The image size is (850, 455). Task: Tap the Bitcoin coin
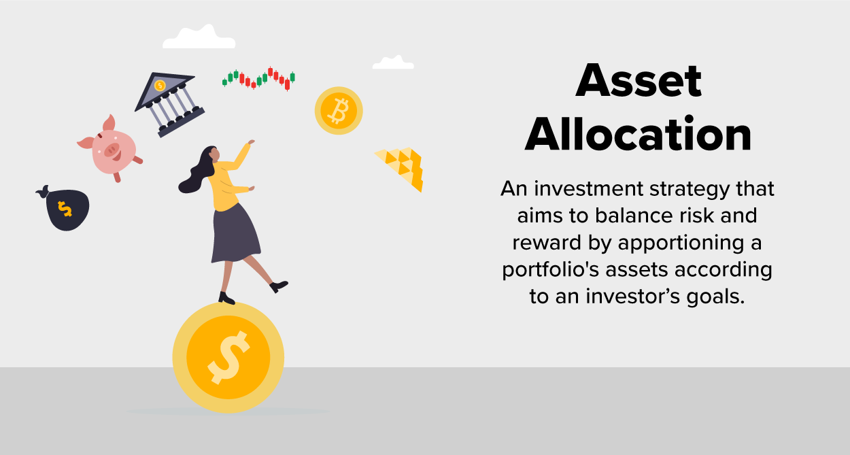pyautogui.click(x=338, y=110)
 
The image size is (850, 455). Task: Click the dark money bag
pyautogui.click(x=66, y=209)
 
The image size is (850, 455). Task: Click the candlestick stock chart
pyautogui.click(x=259, y=79)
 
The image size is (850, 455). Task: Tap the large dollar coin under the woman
pyautogui.click(x=228, y=357)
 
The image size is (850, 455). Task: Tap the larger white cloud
pyautogui.click(x=199, y=38)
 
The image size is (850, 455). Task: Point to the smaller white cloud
pyautogui.click(x=393, y=63)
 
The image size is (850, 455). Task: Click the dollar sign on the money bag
pyautogui.click(x=65, y=209)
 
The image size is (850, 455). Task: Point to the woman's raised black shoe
pyautogui.click(x=279, y=286)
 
